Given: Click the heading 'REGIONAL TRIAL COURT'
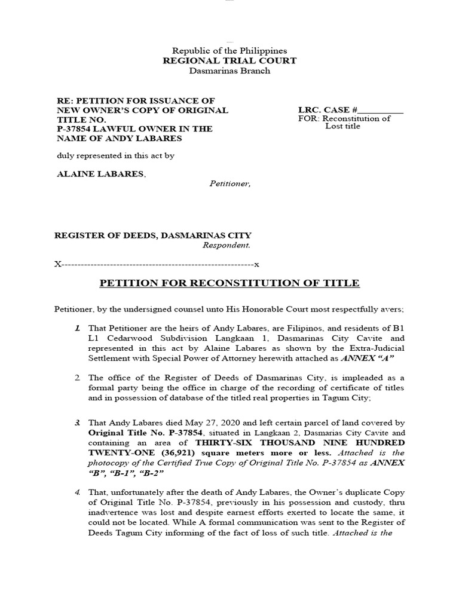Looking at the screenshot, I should click(x=229, y=61).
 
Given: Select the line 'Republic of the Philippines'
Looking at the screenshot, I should click(x=229, y=51).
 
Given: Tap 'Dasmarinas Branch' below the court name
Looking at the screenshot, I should click(x=229, y=71).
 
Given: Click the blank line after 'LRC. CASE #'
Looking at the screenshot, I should click(x=381, y=110).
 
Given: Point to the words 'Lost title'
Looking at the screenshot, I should click(x=342, y=127).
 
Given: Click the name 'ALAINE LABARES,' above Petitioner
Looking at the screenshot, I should click(x=100, y=173).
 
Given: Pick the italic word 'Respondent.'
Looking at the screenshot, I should click(x=227, y=245).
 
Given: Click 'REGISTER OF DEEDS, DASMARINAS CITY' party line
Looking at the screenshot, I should click(x=153, y=235).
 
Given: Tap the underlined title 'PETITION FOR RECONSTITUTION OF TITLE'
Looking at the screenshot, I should click(x=229, y=283).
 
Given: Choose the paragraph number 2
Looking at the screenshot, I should click(x=78, y=378).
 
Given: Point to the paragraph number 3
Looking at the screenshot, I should click(x=78, y=423).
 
